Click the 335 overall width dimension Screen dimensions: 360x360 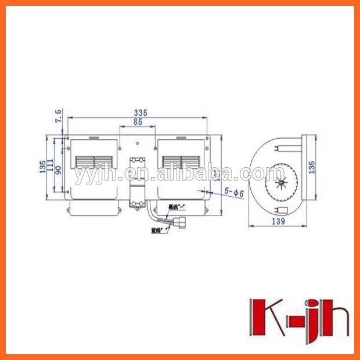pyautogui.click(x=138, y=112)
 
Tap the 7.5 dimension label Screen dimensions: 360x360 pyautogui.click(x=57, y=115)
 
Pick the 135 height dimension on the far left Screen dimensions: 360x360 pyautogui.click(x=42, y=166)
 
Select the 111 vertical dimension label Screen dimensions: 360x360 pyautogui.click(x=51, y=166)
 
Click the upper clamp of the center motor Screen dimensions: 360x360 pyautogui.click(x=137, y=160)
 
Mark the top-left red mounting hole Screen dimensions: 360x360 pyautogui.click(x=69, y=139)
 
